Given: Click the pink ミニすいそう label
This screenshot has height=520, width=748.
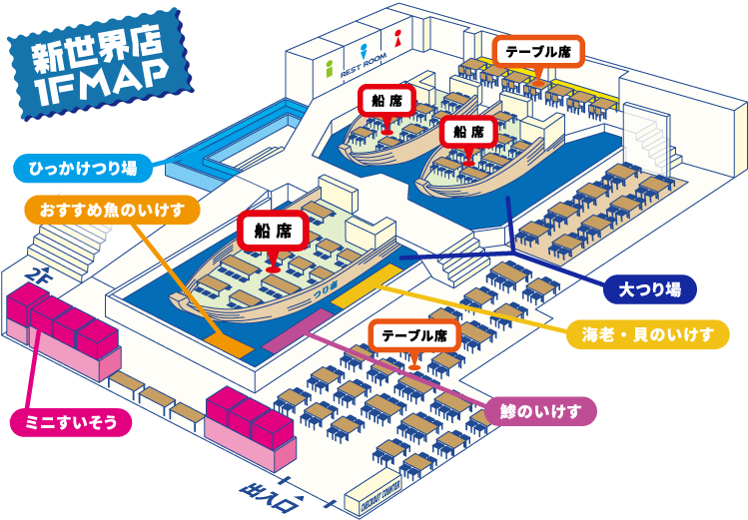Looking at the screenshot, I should pyautogui.click(x=71, y=422).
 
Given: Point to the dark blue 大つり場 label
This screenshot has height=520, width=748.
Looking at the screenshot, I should pyautogui.click(x=650, y=289).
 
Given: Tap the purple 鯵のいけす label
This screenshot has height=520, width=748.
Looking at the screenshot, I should pyautogui.click(x=540, y=410).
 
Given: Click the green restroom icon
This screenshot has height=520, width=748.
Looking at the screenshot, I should pyautogui.click(x=330, y=68).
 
